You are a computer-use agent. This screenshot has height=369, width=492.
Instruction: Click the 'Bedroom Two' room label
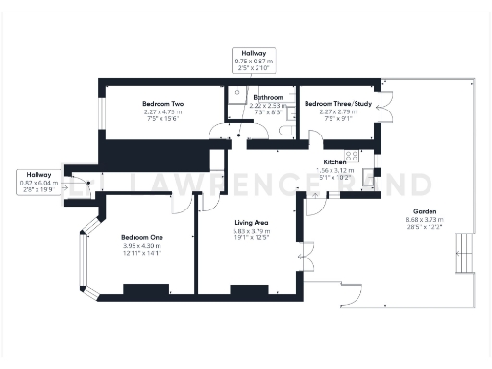162,104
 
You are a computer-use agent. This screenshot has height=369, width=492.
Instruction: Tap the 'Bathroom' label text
268,98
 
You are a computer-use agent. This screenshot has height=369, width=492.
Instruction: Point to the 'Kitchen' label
334,162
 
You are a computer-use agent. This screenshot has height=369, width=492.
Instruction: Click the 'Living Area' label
252,222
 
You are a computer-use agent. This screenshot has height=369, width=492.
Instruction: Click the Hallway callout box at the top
255,60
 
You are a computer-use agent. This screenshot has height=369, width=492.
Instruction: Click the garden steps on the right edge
464,254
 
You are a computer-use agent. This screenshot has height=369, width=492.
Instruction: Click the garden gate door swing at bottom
353,293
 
